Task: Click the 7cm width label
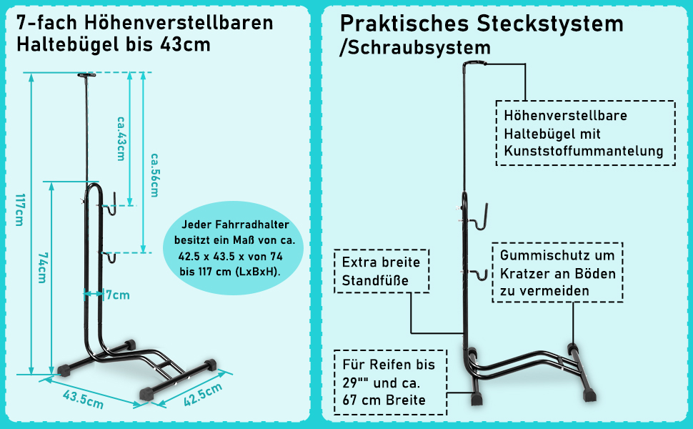tap(116, 294)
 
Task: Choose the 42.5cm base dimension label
tap(202, 395)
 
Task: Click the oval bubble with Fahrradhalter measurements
tap(238, 247)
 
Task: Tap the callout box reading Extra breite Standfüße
tap(382, 271)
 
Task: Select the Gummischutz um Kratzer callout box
tap(557, 272)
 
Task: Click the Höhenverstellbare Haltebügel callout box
tap(585, 133)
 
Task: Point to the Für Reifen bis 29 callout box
tap(391, 382)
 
